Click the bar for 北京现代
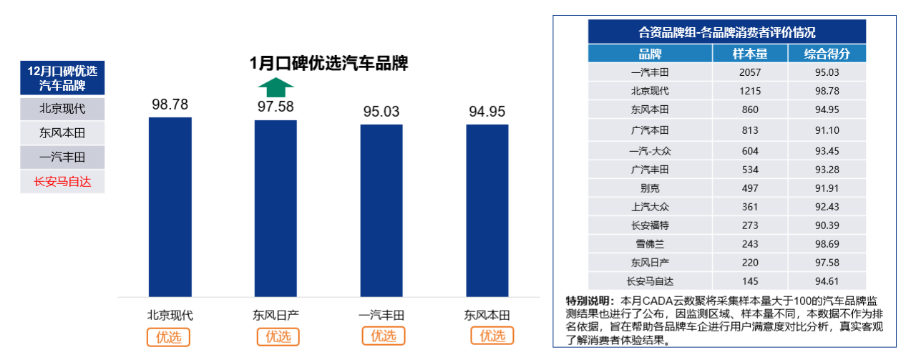[x=170, y=207]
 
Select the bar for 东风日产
[x=276, y=208]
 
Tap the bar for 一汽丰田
[x=381, y=210]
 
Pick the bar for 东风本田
[x=487, y=210]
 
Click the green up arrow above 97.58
[x=276, y=88]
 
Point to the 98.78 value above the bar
[x=170, y=104]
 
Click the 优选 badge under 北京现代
[x=169, y=336]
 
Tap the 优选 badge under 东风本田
[x=492, y=336]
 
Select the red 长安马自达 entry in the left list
[x=62, y=182]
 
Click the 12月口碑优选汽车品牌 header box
[x=62, y=78]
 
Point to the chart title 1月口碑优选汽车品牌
[x=328, y=63]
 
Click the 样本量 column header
[x=750, y=54]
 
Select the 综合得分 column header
[x=827, y=54]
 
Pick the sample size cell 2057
[x=750, y=72]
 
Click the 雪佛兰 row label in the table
[x=650, y=243]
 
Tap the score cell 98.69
[x=827, y=243]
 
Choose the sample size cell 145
[x=750, y=281]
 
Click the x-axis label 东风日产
[x=276, y=315]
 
